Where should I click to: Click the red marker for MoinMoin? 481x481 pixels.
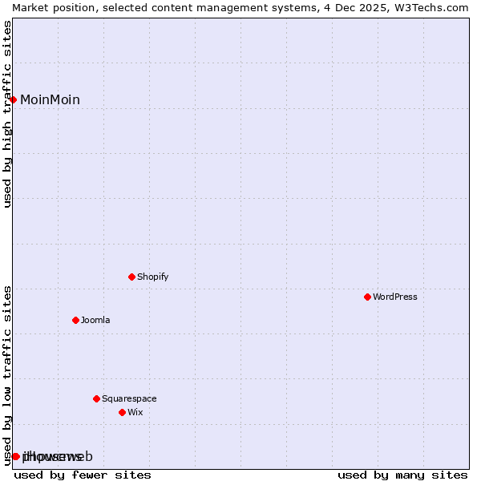tap(14, 99)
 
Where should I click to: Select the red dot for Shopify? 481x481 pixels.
tap(131, 277)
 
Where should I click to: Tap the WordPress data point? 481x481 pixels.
tap(367, 297)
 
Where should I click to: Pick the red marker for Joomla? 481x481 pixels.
tap(75, 320)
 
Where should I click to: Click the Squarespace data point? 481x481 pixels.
tap(96, 398)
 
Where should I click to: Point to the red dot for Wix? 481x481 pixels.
tap(122, 412)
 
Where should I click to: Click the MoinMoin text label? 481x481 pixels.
tap(50, 99)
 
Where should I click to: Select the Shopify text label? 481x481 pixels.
tap(152, 277)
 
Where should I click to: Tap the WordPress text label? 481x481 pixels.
tap(394, 297)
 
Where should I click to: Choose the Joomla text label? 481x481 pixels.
tap(95, 320)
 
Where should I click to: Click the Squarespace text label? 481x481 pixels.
tap(129, 398)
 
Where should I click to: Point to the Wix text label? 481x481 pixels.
tap(135, 412)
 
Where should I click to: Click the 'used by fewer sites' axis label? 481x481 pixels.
tap(83, 475)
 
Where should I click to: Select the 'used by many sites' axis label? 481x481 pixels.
tap(402, 475)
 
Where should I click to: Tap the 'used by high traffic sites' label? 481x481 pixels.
tap(7, 114)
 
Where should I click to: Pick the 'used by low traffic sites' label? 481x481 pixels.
tap(7, 374)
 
